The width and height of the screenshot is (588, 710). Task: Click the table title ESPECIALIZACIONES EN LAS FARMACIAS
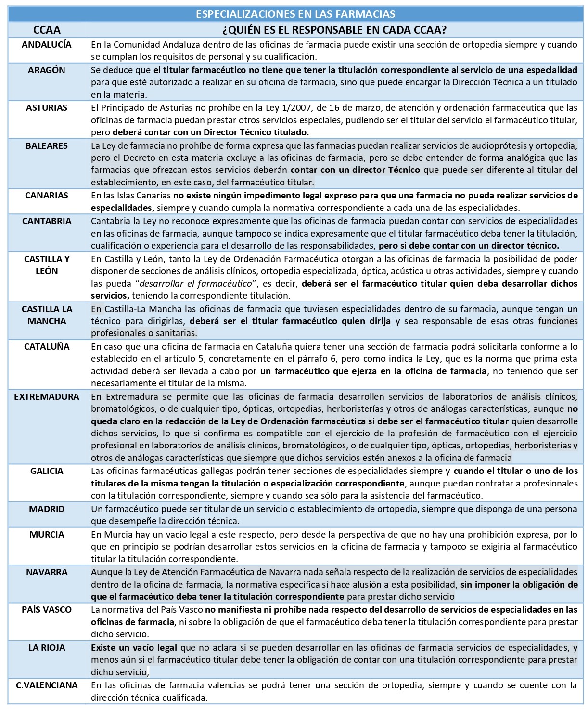click(x=295, y=14)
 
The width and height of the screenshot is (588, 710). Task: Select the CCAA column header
click(x=47, y=30)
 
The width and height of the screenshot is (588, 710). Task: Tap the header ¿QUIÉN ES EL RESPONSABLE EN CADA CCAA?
click(x=334, y=30)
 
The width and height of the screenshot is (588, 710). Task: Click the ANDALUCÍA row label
click(x=47, y=45)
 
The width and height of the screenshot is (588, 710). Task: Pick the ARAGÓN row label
click(x=47, y=70)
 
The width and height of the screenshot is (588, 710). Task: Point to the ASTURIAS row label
click(x=47, y=108)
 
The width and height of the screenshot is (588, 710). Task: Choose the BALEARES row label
click(x=47, y=146)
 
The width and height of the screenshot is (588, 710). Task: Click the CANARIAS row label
click(x=47, y=196)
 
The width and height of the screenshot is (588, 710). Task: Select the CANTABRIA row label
click(x=47, y=221)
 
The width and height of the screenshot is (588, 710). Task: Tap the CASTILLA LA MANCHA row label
click(x=47, y=315)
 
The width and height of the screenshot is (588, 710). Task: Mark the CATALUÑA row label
click(x=47, y=347)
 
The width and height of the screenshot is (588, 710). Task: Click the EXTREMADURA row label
click(x=47, y=397)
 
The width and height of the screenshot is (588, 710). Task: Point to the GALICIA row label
click(x=47, y=471)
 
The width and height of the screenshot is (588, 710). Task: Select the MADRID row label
click(x=47, y=509)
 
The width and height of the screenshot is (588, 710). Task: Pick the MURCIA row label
click(x=47, y=535)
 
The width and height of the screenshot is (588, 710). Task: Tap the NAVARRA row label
click(x=47, y=572)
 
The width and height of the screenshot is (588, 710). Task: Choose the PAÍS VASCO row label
click(x=47, y=610)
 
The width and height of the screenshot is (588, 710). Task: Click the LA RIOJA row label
click(x=47, y=648)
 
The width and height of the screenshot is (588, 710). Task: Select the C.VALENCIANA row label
click(x=47, y=685)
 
